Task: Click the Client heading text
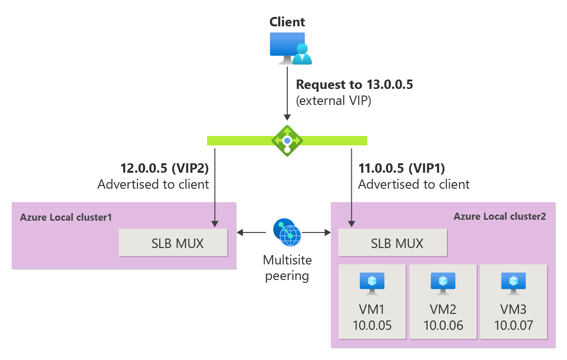pos(287,22)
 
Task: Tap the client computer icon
pos(290,48)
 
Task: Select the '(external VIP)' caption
pos(333,101)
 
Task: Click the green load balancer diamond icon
pos(287,140)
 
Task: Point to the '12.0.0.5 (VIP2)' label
pos(164,168)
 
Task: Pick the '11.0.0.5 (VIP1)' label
pos(402,168)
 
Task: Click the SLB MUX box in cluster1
pos(173,243)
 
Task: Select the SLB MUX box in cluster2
pos(393,243)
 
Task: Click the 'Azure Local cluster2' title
pos(500,216)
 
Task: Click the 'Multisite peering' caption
pos(287,267)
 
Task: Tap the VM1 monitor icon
pos(372,283)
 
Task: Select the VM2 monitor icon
pos(443,283)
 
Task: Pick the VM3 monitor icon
pos(513,283)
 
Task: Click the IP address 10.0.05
pos(372,325)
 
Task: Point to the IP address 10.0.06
pos(443,325)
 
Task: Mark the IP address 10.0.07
pos(514,325)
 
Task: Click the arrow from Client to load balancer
pos(287,94)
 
